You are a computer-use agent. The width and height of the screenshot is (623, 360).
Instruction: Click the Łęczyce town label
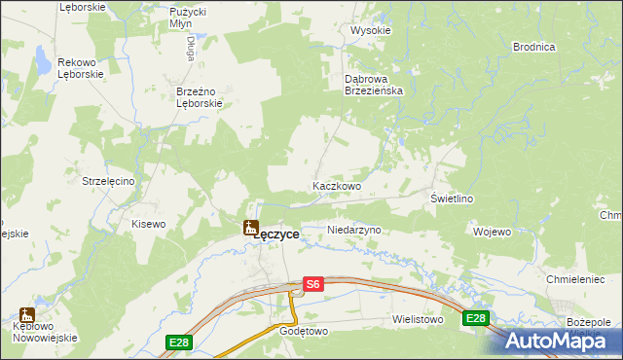[276, 234]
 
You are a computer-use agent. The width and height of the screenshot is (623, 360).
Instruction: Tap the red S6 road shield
[311, 284]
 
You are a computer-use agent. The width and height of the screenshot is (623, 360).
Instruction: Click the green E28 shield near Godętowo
[178, 342]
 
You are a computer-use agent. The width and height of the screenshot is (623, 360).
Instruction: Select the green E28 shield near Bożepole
[475, 318]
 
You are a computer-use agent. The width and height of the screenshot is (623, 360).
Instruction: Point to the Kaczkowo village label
[337, 186]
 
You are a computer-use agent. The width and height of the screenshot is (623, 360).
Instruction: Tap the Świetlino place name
[452, 198]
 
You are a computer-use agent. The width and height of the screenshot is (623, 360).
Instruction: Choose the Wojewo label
[492, 232]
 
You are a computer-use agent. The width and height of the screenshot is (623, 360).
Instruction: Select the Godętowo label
[278, 331]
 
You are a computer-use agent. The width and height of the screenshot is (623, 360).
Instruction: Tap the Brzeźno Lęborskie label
[200, 97]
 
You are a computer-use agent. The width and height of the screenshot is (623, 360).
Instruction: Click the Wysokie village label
[370, 30]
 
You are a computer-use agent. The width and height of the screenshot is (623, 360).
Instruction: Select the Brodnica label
[533, 47]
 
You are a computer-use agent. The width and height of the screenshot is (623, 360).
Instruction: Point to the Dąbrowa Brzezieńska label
[375, 84]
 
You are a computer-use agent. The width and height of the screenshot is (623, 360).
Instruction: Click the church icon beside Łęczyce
[249, 227]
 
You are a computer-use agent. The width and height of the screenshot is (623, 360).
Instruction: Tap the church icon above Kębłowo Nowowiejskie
[26, 316]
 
